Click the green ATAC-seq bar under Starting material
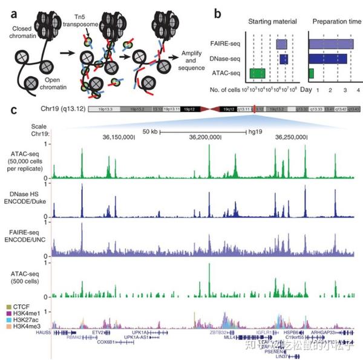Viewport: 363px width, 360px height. click(x=257, y=73)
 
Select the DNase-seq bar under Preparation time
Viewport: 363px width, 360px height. click(x=327, y=59)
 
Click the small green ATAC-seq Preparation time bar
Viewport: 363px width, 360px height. click(x=311, y=73)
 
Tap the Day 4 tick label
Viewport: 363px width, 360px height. click(x=358, y=89)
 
